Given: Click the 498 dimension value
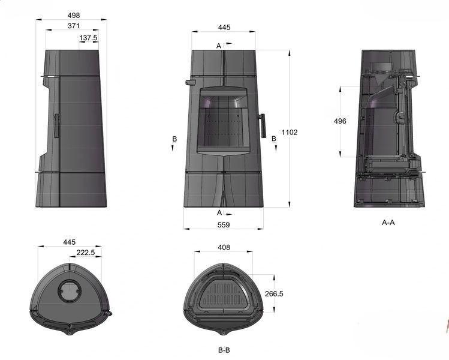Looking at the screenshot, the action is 74,15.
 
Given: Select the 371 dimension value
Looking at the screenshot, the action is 74,26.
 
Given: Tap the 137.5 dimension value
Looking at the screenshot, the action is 89,38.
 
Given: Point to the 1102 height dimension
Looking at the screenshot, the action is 290,133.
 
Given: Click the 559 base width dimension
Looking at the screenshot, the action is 224,225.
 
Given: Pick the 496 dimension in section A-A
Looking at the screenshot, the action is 340,121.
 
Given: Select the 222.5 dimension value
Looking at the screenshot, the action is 86,253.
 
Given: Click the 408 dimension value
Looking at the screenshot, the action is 224,247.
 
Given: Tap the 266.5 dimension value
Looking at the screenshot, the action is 274,294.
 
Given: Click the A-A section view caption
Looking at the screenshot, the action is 388,223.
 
